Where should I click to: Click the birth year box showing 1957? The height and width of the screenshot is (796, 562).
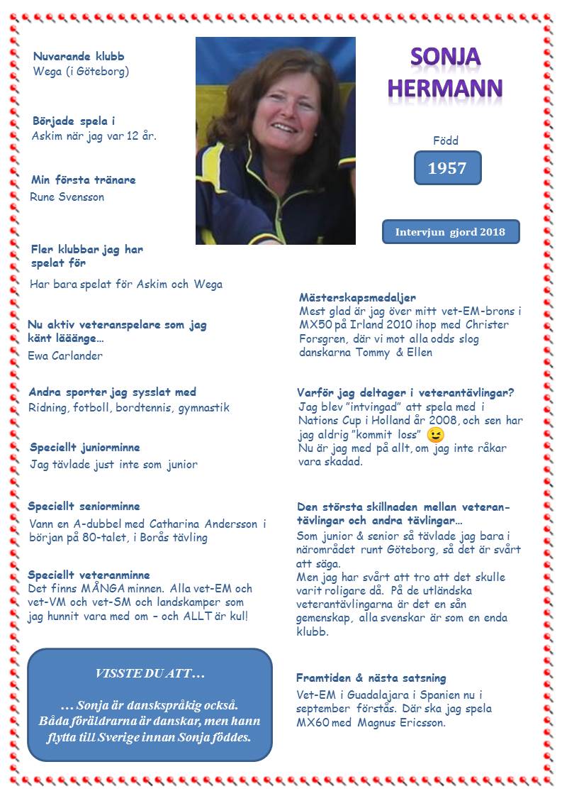point(447,168)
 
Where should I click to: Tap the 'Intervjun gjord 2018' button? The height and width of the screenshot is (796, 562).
point(450,232)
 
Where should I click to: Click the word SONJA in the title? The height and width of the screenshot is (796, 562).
point(446,57)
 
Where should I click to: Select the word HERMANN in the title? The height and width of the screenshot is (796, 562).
point(446,88)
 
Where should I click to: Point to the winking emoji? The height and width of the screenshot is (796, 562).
point(436,434)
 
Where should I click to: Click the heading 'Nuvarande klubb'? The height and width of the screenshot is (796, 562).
point(79,56)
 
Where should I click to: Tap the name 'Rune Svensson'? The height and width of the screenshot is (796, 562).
point(67,197)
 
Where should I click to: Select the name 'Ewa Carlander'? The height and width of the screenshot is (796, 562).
point(65,355)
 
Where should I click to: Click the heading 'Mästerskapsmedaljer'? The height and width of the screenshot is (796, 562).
point(357,298)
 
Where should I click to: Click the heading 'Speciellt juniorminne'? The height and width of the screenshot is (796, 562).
point(85,448)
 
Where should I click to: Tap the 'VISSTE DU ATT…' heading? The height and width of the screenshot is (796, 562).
point(150,673)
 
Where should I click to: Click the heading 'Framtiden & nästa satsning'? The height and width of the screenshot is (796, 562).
point(371,678)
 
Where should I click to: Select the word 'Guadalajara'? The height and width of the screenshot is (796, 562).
point(373,695)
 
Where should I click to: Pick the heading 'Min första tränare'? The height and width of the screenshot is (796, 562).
point(84,180)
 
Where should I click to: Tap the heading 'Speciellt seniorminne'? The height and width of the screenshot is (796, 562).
point(84,507)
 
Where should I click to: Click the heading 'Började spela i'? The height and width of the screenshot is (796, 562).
point(74,121)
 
